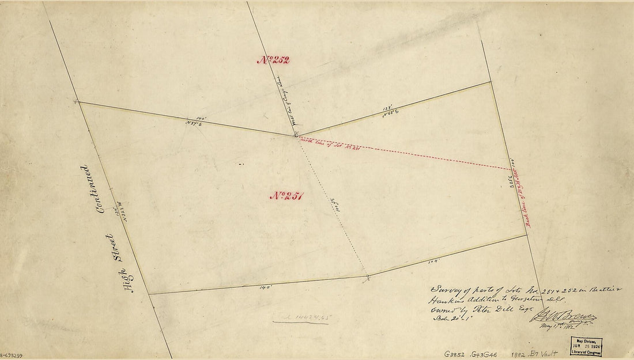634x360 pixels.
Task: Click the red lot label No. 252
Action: point(273,59)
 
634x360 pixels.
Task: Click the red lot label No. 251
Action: point(286,195)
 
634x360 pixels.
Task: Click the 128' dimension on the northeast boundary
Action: point(387,107)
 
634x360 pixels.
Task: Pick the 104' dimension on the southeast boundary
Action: point(433,261)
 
